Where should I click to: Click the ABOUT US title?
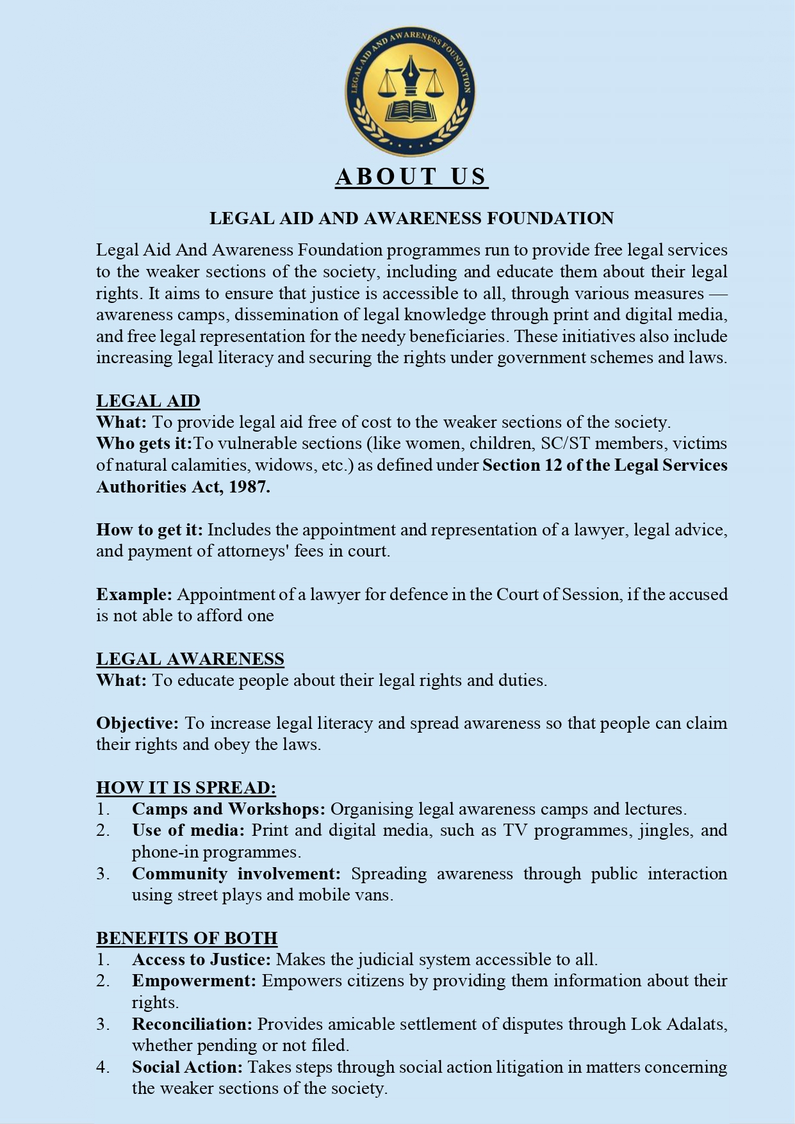411,177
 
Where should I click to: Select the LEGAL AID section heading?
148,401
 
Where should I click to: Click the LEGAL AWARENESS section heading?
190,659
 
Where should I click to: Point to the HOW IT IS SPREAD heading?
186,788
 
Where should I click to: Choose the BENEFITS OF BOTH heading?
186,938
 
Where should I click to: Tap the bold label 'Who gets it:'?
144,443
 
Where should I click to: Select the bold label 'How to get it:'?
149,530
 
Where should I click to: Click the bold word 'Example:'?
134,594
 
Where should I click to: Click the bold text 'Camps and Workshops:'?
229,809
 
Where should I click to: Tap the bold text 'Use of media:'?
188,831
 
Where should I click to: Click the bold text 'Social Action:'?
187,1067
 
